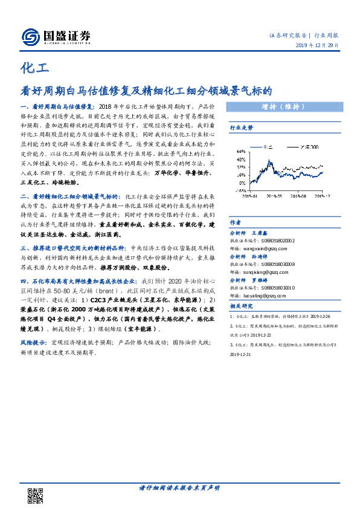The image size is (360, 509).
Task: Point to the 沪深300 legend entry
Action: [312, 146]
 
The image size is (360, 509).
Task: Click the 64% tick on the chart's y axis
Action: [240, 151]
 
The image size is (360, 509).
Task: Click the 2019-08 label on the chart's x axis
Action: [298, 196]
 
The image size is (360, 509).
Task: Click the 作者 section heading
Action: [236, 221]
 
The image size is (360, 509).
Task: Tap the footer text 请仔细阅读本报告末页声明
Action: [179, 487]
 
